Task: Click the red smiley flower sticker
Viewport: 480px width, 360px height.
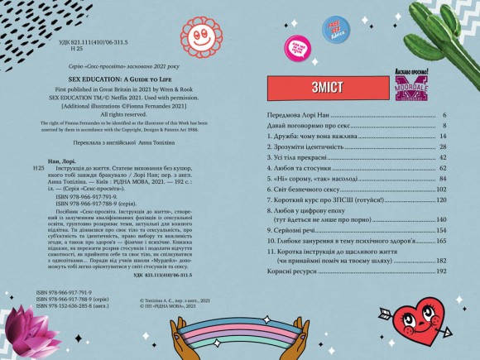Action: click(199, 36)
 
